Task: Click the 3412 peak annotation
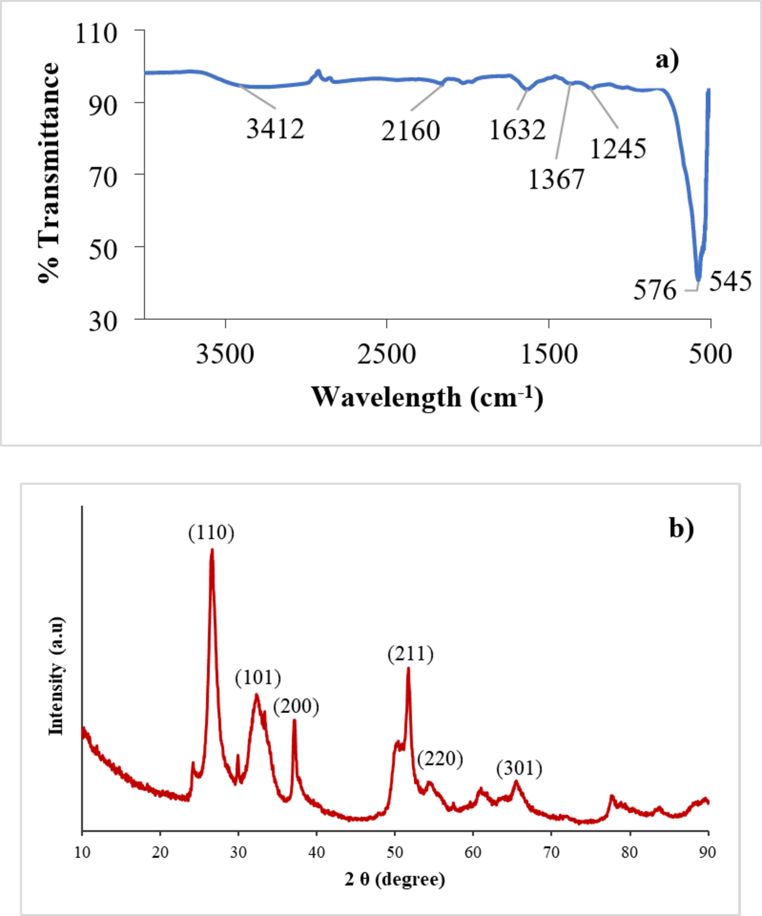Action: click(275, 128)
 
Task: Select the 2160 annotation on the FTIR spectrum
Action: click(411, 131)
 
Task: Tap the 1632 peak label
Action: click(517, 129)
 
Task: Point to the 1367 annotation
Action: click(556, 179)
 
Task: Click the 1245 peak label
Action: click(617, 148)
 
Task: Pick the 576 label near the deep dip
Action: click(655, 290)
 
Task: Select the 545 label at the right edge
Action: click(731, 281)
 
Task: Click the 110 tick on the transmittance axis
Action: click(96, 33)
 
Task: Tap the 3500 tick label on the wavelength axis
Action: click(225, 354)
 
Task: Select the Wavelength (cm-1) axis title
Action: click(427, 397)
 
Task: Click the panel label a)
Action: click(667, 59)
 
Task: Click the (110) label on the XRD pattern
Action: click(211, 533)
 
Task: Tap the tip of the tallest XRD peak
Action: click(212, 550)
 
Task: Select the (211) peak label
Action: click(411, 654)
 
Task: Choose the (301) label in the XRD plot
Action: click(519, 768)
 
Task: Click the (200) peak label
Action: click(296, 706)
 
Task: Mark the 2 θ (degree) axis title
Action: click(395, 879)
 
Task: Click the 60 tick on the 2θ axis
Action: click(473, 852)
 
